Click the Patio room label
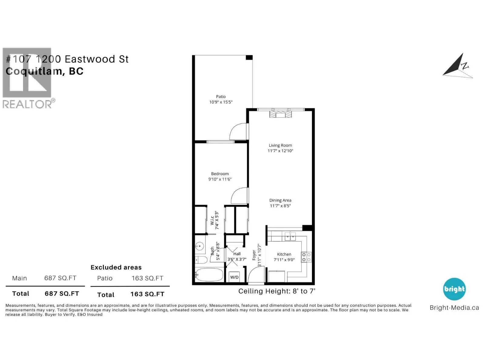221,96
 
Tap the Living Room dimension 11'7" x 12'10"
280,151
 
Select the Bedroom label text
220,174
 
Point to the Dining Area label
280,200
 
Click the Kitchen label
284,254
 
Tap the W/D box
234,277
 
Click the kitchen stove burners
306,257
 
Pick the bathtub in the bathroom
209,275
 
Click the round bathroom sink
199,246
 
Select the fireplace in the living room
280,114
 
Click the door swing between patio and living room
238,132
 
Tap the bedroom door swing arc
239,196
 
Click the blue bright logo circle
454,289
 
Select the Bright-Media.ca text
454,308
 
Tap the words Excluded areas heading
116,267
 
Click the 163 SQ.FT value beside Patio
147,278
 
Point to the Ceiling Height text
277,291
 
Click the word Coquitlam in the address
34,71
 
